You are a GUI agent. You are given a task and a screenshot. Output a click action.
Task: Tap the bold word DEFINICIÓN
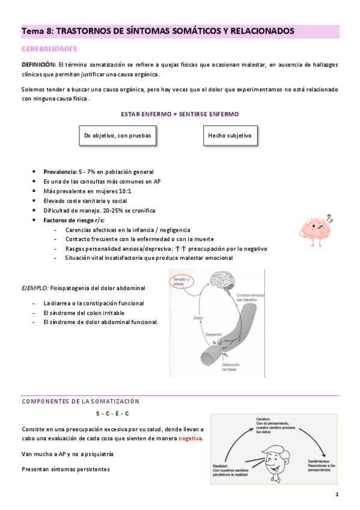[38, 64]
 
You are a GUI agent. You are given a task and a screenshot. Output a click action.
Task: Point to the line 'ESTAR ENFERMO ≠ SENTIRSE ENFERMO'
[179, 114]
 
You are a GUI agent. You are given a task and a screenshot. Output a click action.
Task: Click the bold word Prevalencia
[59, 171]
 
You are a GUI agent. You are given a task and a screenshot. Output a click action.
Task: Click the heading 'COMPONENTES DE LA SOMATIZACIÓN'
[81, 401]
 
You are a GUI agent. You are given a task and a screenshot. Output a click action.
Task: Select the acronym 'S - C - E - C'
[112, 414]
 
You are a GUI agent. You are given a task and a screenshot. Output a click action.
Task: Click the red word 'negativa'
[190, 438]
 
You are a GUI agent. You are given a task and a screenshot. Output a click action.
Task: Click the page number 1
[337, 494]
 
